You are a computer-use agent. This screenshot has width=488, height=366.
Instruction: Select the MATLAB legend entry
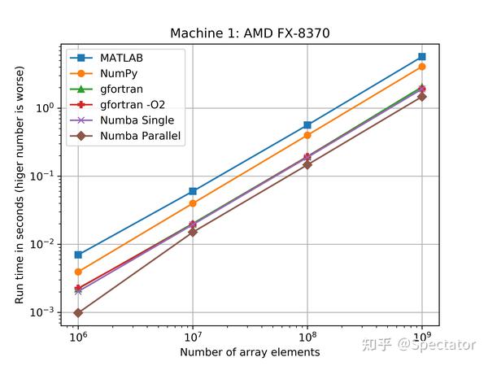point(122,58)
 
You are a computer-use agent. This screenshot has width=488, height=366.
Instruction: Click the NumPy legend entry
point(119,73)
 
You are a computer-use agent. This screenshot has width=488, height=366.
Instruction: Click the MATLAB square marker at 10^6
point(78,255)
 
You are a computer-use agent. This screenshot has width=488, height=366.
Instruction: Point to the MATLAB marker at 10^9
point(421,57)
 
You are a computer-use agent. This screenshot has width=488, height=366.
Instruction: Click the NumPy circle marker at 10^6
point(78,272)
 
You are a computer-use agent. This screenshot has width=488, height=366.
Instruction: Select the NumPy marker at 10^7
point(193,203)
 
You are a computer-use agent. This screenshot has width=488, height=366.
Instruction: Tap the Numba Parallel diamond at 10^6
point(78,312)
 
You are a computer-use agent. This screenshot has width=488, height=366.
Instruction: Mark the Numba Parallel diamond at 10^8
point(307,164)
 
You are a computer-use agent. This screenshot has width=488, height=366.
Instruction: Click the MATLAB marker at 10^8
point(307,125)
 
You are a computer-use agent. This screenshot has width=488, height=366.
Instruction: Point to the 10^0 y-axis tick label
point(44,108)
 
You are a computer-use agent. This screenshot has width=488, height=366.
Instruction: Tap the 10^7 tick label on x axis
point(193,336)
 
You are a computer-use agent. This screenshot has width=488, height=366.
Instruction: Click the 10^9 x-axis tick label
point(421,336)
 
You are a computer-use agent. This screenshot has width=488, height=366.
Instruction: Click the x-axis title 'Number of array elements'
point(250,352)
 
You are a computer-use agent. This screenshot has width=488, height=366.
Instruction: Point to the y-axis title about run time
point(20,176)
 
